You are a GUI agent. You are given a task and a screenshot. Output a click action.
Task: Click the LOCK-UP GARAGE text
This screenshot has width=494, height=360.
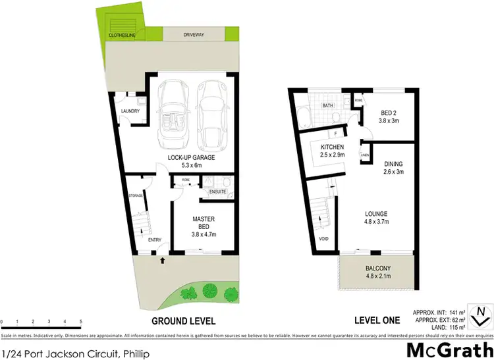point(191,158)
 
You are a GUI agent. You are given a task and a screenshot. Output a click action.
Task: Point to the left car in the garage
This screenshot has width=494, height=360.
point(173,115)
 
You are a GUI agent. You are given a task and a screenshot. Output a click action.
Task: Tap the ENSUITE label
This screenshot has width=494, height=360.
point(217,192)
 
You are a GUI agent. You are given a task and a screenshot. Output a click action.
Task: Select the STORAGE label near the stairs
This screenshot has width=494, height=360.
point(136,195)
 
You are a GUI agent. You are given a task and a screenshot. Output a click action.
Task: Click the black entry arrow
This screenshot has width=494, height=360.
point(162,261)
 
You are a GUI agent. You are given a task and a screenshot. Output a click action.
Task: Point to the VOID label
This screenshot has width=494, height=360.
point(323,239)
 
